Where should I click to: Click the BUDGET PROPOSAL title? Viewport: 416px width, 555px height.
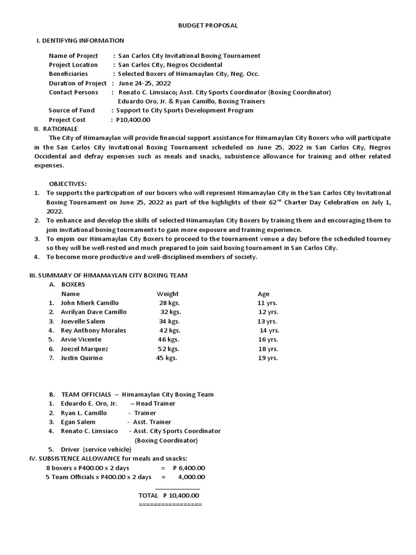[208, 25]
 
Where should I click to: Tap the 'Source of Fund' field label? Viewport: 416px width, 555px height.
[71, 111]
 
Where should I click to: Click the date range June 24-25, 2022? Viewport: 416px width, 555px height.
[145, 83]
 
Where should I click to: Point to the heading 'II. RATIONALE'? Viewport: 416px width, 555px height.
[56, 129]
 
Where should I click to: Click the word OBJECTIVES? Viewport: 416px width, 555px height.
[68, 184]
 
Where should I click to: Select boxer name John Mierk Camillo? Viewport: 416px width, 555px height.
[89, 303]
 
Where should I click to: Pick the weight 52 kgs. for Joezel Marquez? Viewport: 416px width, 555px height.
[168, 349]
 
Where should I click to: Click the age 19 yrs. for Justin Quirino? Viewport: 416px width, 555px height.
[268, 358]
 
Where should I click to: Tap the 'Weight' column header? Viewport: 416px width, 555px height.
[167, 294]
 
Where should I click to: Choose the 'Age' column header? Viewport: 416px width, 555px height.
[263, 294]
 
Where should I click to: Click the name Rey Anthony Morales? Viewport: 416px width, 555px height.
[93, 331]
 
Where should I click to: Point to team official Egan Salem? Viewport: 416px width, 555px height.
[78, 422]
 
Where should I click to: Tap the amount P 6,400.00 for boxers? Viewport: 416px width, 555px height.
[189, 468]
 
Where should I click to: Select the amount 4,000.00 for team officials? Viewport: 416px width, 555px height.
[191, 477]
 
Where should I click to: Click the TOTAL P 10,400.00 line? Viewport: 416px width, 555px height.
[169, 495]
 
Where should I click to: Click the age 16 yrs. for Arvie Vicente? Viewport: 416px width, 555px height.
[268, 340]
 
